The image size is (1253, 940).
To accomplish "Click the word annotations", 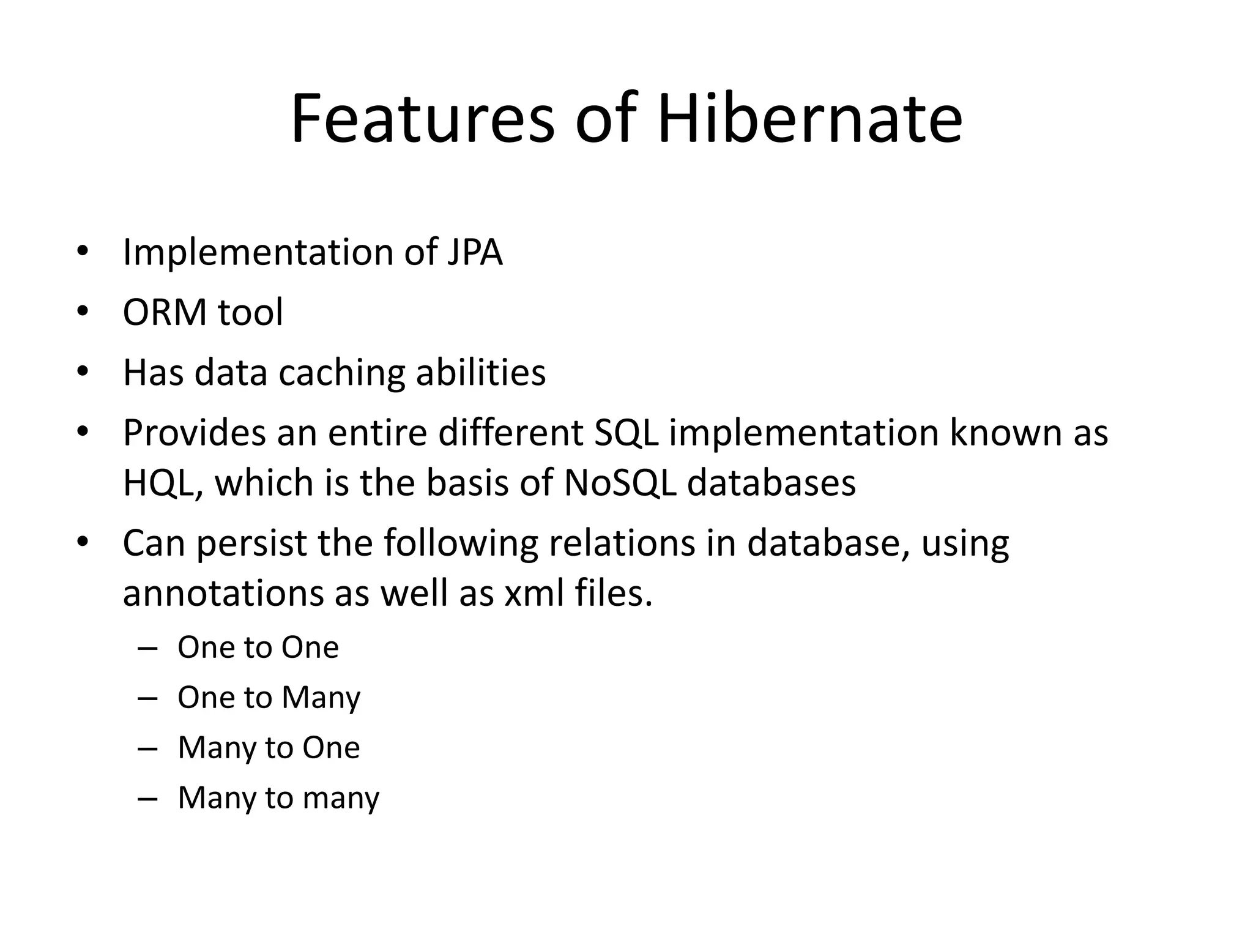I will coord(223,593).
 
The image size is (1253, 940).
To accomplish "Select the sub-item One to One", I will coord(258,647).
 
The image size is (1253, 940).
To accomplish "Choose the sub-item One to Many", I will coord(269,698).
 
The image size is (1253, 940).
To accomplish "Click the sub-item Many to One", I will coord(269,748).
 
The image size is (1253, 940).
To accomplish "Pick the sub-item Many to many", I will coord(278,798).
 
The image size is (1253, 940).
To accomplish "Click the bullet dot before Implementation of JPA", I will coord(83,253).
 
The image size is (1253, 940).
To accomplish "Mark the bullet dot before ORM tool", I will coord(83,313).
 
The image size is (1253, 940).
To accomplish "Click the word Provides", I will coord(194,433).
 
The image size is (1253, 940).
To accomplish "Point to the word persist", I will coord(251,543).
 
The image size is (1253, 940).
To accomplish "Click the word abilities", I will coord(480,373).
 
